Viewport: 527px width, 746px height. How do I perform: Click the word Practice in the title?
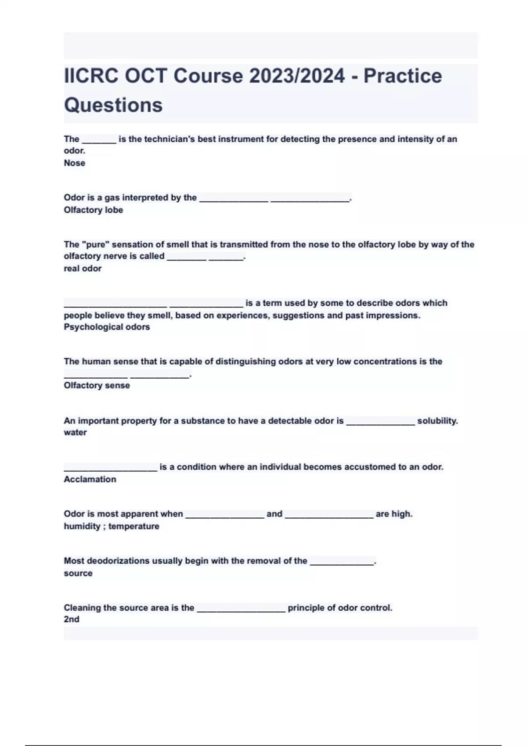coord(402,76)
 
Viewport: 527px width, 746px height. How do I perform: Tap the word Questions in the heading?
coord(113,105)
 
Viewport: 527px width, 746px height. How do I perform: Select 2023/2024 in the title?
coord(297,76)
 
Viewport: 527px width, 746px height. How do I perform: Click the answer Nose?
coord(75,163)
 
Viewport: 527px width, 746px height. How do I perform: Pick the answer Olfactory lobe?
coord(93,210)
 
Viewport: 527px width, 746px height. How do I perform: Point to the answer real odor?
coord(83,268)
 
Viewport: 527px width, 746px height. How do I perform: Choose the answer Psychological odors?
coord(107,327)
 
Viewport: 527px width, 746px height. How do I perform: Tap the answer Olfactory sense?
coord(97,385)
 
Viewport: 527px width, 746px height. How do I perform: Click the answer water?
coord(75,432)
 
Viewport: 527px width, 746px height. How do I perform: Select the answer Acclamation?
coord(90,479)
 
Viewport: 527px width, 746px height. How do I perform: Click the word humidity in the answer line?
coord(82,526)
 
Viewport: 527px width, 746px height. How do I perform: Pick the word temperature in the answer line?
coord(134,526)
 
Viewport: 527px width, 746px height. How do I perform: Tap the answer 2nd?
coord(72,619)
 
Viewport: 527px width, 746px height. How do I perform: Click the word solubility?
coord(437,421)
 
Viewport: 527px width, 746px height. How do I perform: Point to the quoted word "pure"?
coord(95,244)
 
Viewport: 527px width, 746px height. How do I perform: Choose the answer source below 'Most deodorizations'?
coord(78,573)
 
